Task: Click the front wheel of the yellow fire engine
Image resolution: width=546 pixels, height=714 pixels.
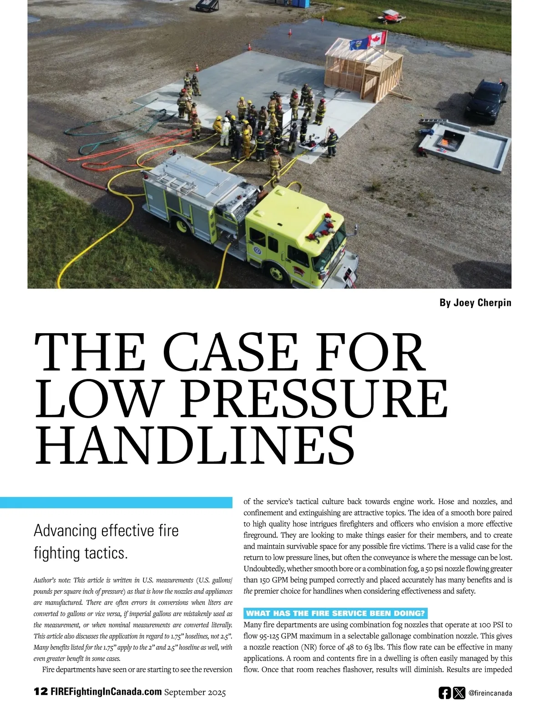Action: pos(276,273)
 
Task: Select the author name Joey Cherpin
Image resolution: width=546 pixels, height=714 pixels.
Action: pos(475,303)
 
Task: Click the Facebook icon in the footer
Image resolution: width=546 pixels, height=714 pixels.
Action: pos(445,693)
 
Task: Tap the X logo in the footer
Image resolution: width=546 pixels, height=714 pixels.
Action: pos(459,693)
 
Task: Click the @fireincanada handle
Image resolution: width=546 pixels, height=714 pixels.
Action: pos(490,693)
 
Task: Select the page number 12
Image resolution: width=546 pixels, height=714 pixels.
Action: pos(40,692)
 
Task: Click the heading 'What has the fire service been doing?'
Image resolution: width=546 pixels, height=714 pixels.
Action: pos(335,613)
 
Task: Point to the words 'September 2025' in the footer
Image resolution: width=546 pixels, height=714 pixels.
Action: pos(195,692)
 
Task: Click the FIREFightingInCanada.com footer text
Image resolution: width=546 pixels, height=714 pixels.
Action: pos(106,692)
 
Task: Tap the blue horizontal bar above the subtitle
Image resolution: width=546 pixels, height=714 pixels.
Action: pos(116,502)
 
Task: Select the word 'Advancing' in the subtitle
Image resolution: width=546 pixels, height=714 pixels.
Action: pos(65,531)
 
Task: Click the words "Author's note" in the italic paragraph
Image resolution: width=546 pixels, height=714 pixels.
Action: pos(51,580)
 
